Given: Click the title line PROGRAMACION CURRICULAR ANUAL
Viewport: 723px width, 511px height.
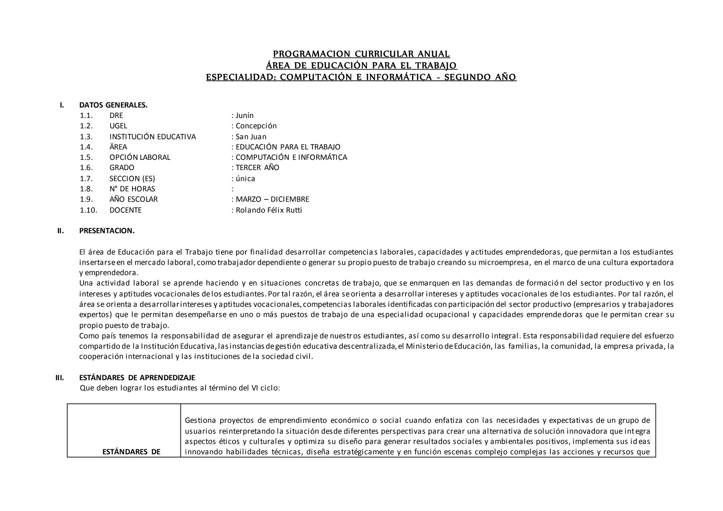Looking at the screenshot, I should (x=361, y=54).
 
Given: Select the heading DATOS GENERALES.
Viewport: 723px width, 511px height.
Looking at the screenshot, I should (x=113, y=105).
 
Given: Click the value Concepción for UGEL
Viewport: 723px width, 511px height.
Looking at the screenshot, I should (x=256, y=126).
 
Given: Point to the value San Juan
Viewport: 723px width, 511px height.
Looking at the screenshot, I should (x=251, y=137).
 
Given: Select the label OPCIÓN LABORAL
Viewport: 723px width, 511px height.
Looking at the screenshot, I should (x=140, y=157).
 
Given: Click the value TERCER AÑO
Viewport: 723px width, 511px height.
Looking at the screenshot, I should (x=257, y=167).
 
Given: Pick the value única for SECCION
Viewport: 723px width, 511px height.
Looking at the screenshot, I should (x=245, y=179).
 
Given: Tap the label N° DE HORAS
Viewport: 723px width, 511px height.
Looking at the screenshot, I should (x=132, y=189).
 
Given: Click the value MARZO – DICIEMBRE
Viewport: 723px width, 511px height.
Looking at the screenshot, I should (x=272, y=199).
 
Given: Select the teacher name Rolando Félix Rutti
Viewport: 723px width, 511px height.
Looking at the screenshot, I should (x=269, y=210).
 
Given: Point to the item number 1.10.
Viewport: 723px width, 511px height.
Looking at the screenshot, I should (x=88, y=210).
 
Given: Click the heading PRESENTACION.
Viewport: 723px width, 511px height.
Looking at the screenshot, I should (x=107, y=231).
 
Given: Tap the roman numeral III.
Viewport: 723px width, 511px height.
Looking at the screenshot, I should (x=60, y=378).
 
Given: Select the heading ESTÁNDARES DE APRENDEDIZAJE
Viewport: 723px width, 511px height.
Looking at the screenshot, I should (x=137, y=378).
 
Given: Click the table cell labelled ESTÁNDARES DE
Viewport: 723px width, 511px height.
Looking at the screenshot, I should (x=131, y=452).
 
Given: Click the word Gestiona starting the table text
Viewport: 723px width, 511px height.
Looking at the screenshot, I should (x=200, y=420).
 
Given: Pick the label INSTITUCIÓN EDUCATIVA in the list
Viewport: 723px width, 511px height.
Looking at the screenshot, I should (x=153, y=137).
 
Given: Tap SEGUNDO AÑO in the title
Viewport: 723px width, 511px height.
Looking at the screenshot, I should (x=480, y=77).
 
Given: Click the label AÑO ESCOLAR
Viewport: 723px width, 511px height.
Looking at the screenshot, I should (x=133, y=199).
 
